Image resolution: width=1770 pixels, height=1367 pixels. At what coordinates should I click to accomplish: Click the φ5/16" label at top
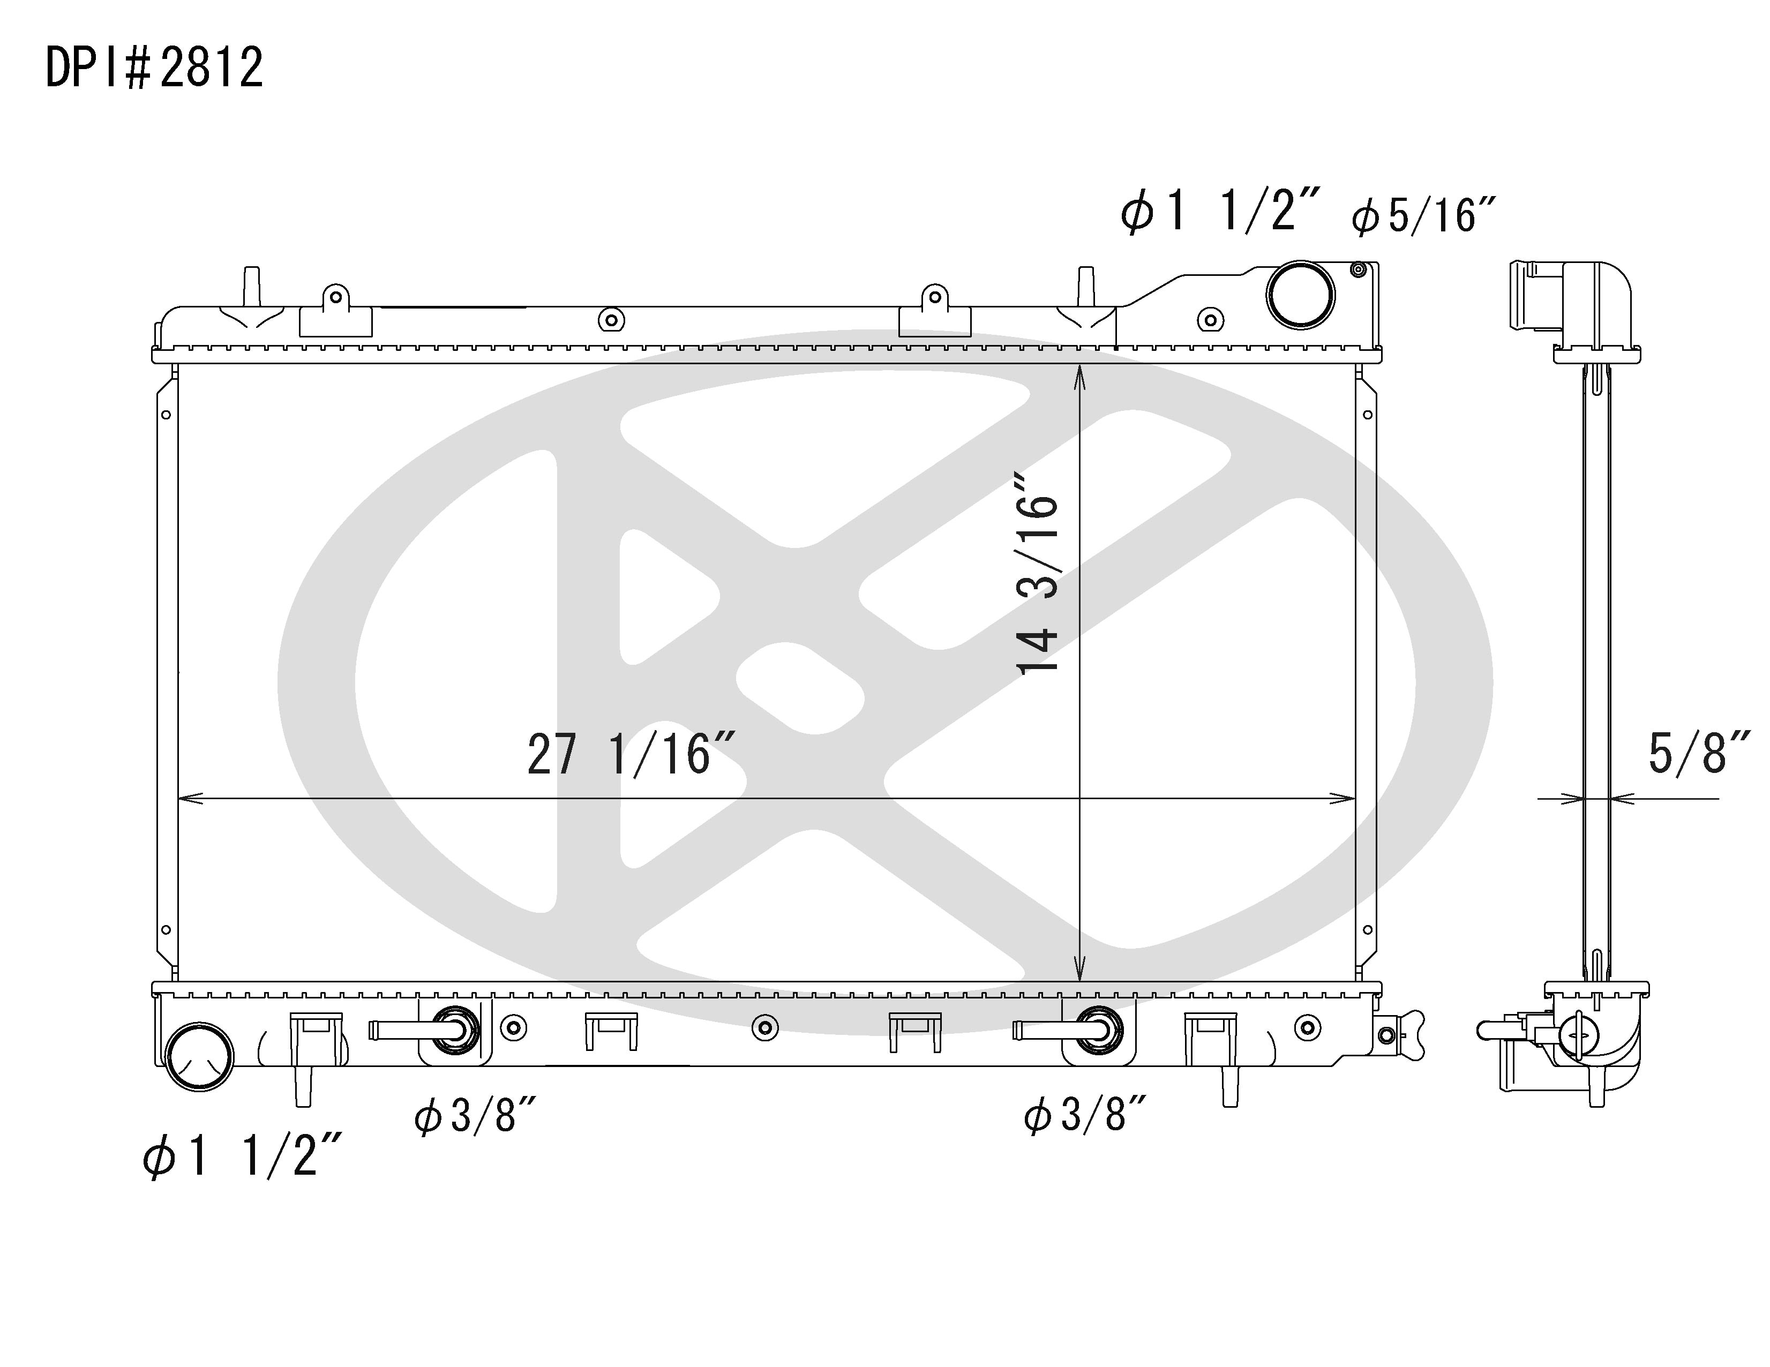coord(1422,216)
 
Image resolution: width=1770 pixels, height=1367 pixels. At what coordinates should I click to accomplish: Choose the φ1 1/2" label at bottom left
coord(242,1155)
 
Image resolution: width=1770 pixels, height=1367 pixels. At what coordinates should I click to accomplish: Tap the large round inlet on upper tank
coord(1300,295)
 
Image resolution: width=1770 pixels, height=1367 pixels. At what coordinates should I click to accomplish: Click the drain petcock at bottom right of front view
coord(1400,1035)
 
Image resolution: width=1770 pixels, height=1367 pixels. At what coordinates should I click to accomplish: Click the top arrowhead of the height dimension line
coord(1079,374)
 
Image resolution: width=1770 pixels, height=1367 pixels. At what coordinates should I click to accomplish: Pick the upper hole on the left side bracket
coord(166,415)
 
